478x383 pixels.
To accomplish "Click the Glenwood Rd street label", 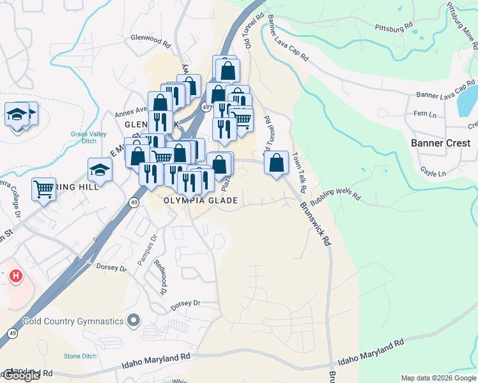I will click(151, 41).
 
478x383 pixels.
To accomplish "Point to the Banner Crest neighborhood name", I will click(442, 143).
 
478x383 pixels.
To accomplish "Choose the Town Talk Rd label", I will click(299, 173).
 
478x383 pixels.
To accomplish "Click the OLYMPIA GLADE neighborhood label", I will click(201, 200).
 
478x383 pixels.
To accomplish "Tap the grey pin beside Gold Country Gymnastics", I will click(134, 320).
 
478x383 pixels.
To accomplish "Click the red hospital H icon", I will click(17, 276).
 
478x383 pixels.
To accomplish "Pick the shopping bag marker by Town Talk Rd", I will click(277, 163).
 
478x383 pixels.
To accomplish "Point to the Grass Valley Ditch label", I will click(89, 139).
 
